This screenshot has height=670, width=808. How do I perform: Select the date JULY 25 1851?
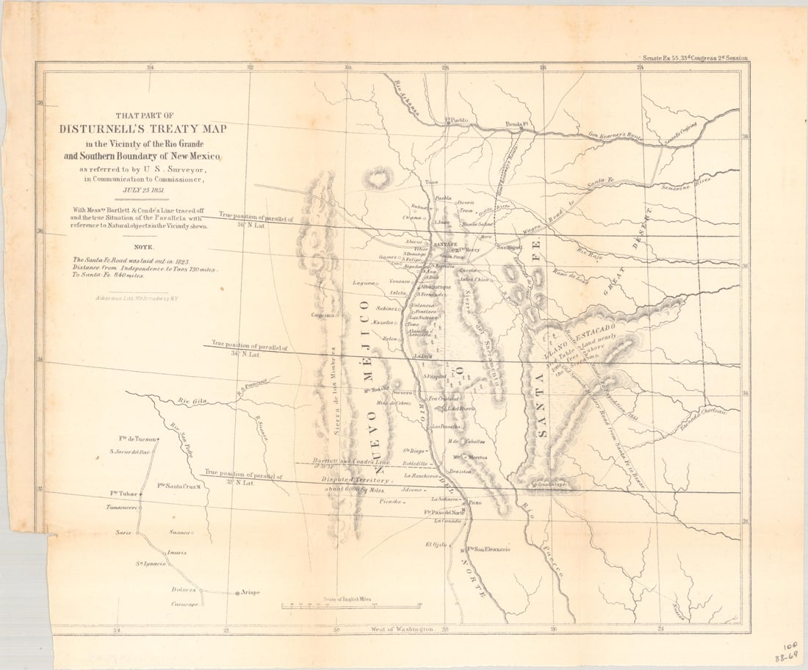tap(145, 190)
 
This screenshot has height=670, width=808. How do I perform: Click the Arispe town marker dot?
tap(237, 592)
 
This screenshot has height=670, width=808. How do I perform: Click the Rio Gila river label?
tap(189, 401)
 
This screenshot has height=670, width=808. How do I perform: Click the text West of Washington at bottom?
tap(403, 630)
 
